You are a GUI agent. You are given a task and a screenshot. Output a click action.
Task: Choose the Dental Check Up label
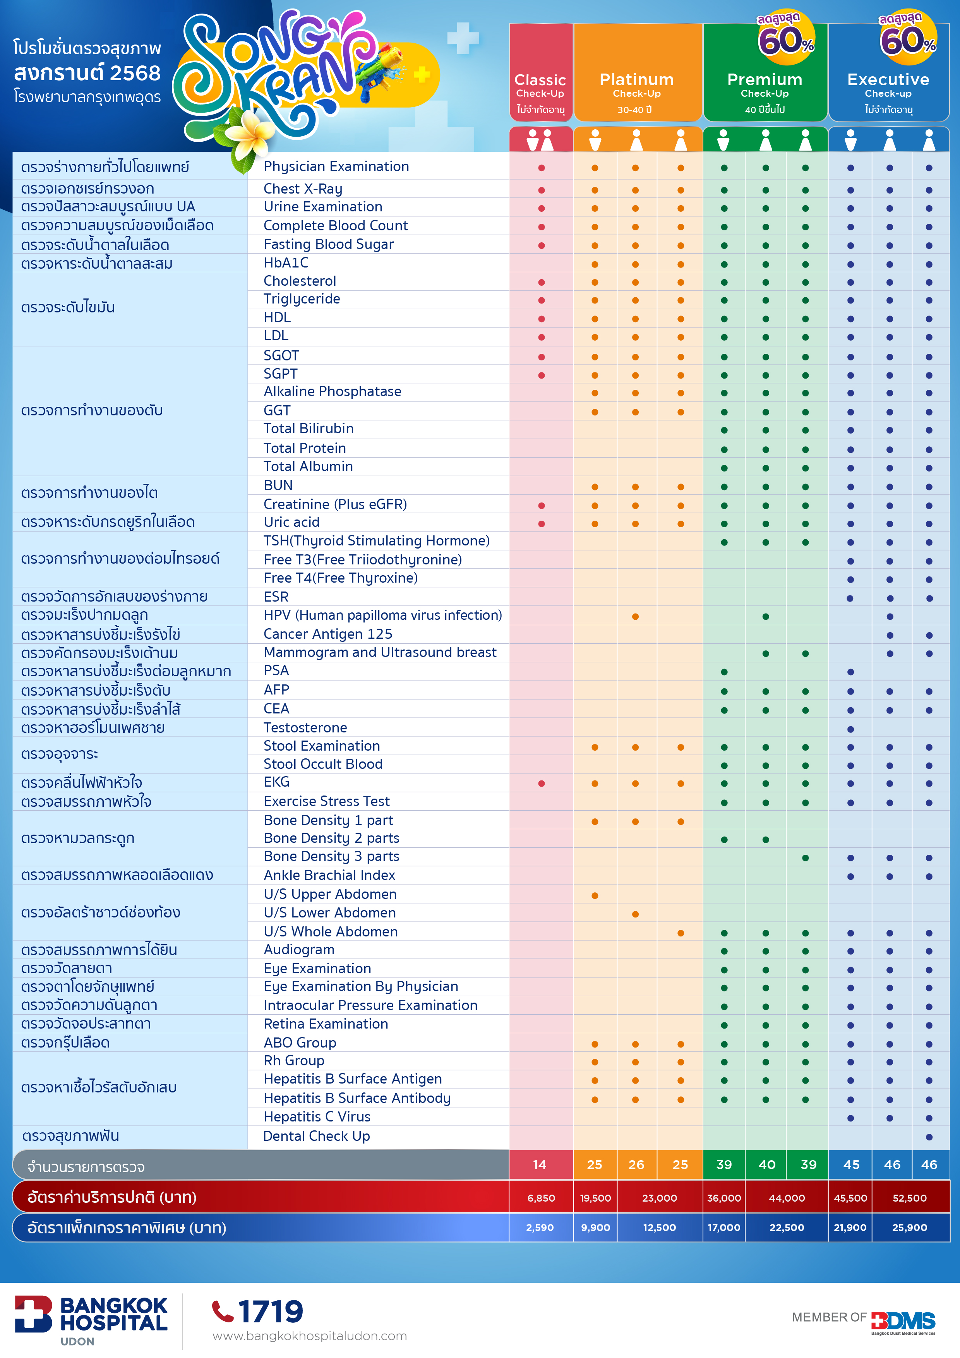point(316,1136)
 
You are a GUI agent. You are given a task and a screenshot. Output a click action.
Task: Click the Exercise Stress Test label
point(326,801)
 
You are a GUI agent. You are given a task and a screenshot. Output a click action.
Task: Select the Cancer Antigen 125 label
point(328,634)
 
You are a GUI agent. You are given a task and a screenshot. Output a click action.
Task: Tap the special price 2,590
point(540,1228)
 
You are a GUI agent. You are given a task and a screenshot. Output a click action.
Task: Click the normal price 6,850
point(541,1198)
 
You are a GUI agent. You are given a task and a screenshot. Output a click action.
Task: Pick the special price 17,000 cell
point(724,1228)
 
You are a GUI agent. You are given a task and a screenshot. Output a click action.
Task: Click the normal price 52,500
point(910,1198)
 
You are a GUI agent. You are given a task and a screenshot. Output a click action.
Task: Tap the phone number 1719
point(271,1312)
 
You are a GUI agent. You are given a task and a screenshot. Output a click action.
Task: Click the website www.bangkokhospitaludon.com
point(309,1336)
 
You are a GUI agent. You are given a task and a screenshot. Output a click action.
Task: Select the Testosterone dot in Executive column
point(850,729)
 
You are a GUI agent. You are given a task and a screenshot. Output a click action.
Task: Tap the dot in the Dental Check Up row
point(929,1137)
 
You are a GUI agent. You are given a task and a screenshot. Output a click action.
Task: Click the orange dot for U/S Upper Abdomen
point(595,895)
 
